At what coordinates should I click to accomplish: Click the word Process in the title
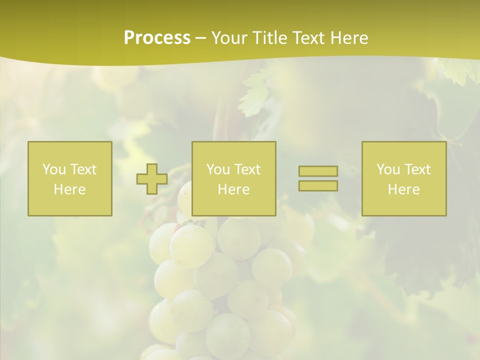[157, 37]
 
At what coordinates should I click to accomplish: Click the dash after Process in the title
[200, 38]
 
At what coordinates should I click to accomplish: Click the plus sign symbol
[152, 179]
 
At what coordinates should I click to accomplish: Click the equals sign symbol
[318, 178]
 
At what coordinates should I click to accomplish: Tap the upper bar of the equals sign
[318, 171]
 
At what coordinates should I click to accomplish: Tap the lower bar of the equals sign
[318, 185]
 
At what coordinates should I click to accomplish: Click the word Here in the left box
[69, 189]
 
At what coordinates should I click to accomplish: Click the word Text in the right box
[417, 169]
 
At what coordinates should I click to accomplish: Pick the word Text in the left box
[83, 169]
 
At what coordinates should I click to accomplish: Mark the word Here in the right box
[403, 189]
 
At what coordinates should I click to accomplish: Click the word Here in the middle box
[233, 189]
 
